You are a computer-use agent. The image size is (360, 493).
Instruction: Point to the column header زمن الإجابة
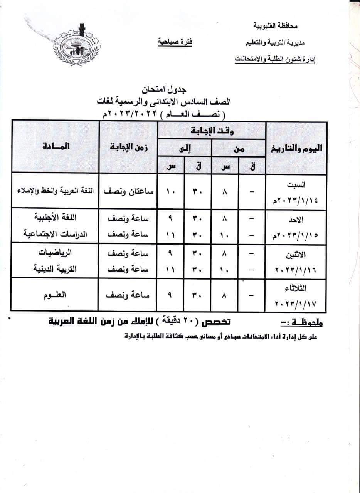tap(128, 147)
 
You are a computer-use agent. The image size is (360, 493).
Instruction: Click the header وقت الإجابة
tap(212, 131)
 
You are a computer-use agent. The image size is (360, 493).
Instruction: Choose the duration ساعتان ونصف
tap(128, 191)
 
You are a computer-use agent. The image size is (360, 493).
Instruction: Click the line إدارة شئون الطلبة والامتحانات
tap(275, 60)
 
